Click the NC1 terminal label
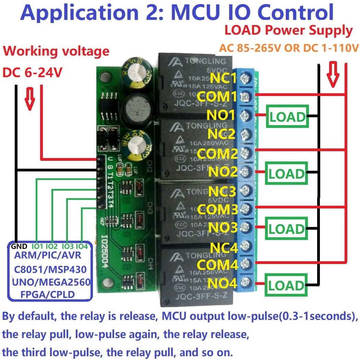(223, 78)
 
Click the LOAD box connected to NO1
(287, 117)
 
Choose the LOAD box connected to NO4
(286, 285)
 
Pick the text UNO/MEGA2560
(51, 282)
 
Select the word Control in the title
(296, 12)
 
